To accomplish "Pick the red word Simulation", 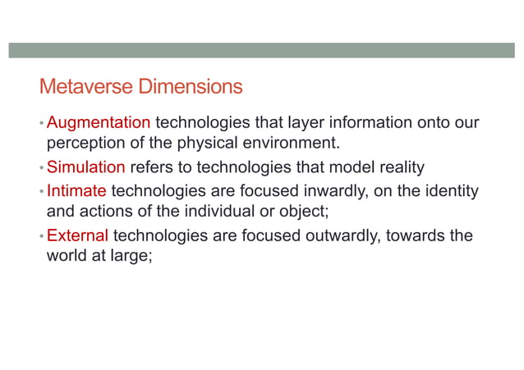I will pyautogui.click(x=86, y=167).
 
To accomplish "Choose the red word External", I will pyautogui.click(x=78, y=236).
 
